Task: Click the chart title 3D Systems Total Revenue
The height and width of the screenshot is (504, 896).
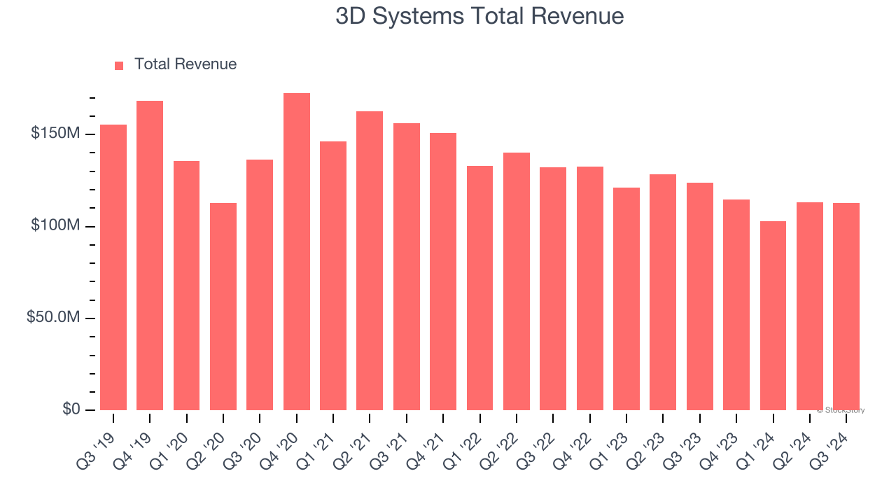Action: pyautogui.click(x=479, y=16)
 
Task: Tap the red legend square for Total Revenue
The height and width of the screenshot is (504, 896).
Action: pyautogui.click(x=119, y=65)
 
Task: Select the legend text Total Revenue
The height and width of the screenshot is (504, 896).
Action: pyautogui.click(x=185, y=64)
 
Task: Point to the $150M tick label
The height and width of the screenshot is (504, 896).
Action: pyautogui.click(x=55, y=133)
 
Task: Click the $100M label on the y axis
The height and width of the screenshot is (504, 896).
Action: pyautogui.click(x=55, y=225)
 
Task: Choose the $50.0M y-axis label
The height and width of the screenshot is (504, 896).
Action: pyautogui.click(x=53, y=317)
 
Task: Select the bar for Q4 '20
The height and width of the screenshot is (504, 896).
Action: pyautogui.click(x=297, y=252)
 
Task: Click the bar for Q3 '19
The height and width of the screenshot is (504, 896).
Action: pyautogui.click(x=113, y=267)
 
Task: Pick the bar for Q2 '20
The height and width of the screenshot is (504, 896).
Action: pyautogui.click(x=223, y=307)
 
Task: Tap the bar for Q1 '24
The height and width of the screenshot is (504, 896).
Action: pyautogui.click(x=773, y=316)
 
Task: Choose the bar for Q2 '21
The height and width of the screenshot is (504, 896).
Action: pyautogui.click(x=370, y=260)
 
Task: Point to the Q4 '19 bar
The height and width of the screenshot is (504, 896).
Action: pyautogui.click(x=150, y=255)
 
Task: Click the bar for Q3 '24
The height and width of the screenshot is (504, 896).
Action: pyautogui.click(x=846, y=307)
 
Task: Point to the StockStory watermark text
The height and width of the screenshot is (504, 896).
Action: pyautogui.click(x=841, y=410)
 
